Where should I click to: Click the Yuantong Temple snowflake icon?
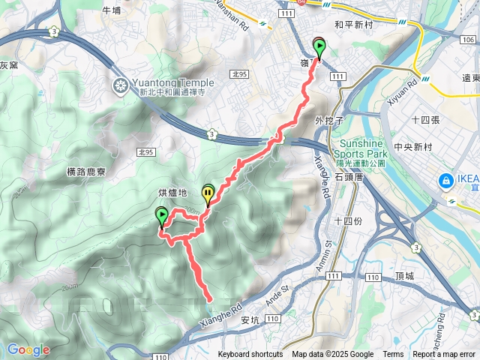point(119,84)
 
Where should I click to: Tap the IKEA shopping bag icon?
point(445,180)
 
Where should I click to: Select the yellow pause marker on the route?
point(208,193)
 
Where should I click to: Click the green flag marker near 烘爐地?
point(161,217)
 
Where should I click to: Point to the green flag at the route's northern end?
point(319,48)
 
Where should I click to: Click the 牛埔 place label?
point(110,10)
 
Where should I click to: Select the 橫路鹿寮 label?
point(87,171)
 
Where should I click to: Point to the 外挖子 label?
point(329,119)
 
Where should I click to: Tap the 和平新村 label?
point(354,24)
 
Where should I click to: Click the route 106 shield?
point(469,39)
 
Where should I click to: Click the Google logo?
point(28,349)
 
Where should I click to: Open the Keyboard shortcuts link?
point(250,355)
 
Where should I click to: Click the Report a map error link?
point(445,355)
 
